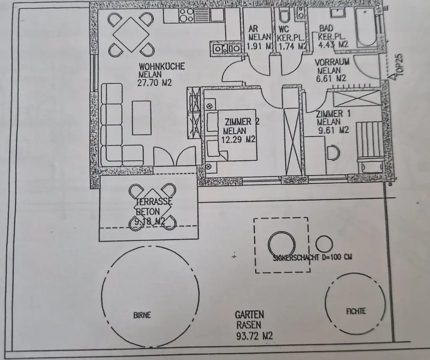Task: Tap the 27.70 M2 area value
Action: point(155,83)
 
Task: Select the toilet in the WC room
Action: point(284,16)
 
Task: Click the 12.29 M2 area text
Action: point(240,139)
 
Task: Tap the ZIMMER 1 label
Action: point(333,113)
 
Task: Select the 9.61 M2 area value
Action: point(333,130)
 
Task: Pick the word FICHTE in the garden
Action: point(356,311)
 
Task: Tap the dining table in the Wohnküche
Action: point(130,34)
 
